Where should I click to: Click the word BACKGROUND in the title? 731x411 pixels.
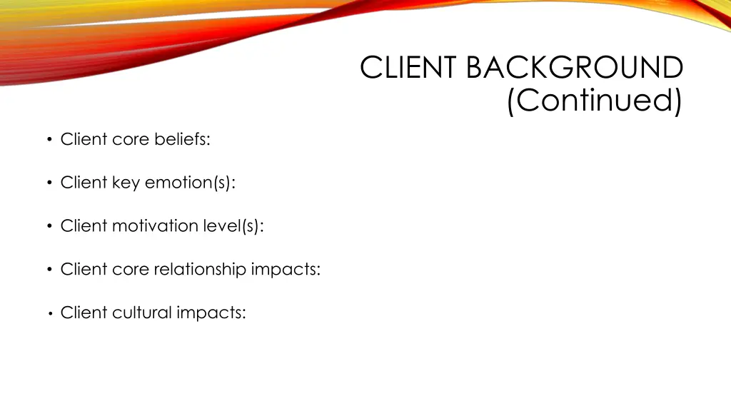click(x=575, y=68)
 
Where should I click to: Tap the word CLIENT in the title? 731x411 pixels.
click(x=410, y=68)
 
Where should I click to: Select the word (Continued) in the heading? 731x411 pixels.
click(x=594, y=101)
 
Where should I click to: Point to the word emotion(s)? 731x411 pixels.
click(x=190, y=183)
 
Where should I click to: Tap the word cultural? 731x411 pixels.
click(x=142, y=313)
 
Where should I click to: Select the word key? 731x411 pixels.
click(x=126, y=183)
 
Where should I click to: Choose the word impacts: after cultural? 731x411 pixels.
click(x=211, y=313)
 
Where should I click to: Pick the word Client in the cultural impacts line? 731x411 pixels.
click(x=84, y=313)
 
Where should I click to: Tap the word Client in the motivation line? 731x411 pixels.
click(x=84, y=226)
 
